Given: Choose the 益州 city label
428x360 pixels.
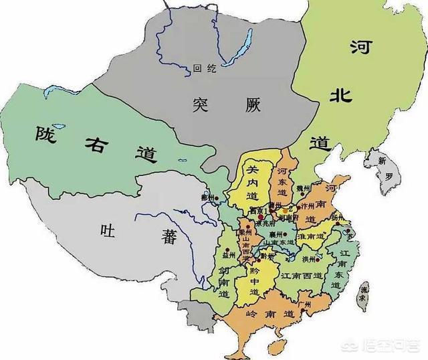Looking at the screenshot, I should (229, 256).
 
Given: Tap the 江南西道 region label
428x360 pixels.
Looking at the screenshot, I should (299, 275).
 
